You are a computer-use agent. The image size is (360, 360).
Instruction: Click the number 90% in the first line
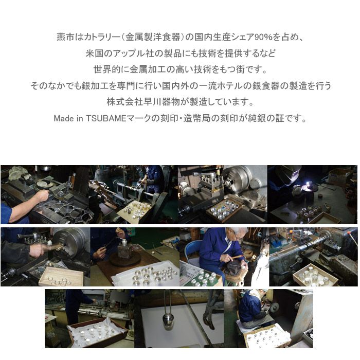[263, 37]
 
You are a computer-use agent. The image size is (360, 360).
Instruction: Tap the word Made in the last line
[62, 118]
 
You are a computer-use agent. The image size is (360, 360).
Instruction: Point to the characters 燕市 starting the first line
[65, 37]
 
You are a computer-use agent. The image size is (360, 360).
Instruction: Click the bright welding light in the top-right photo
[309, 183]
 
